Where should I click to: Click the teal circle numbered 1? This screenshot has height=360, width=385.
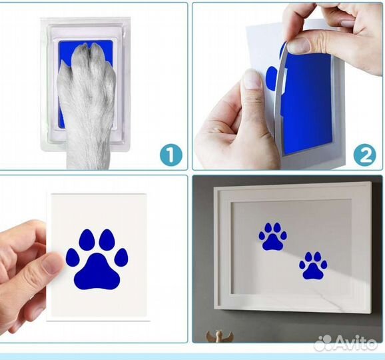click(x=171, y=155)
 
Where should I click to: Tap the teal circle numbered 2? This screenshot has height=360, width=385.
click(x=364, y=155)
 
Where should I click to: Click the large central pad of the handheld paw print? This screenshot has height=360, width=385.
click(x=97, y=270)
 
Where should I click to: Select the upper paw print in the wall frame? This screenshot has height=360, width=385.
click(x=273, y=237)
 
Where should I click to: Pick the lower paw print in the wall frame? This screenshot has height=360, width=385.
click(x=313, y=265)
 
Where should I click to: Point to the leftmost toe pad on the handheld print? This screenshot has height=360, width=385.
click(x=73, y=259)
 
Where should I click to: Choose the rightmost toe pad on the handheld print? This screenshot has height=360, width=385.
click(x=121, y=259)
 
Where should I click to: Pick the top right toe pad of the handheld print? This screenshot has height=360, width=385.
click(x=107, y=239)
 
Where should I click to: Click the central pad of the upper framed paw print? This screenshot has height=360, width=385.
click(x=273, y=243)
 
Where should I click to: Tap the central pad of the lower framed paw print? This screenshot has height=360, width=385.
click(x=313, y=271)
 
